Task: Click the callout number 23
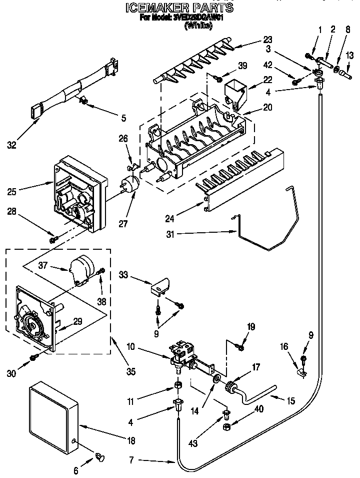268,41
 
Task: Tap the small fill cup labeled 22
235,94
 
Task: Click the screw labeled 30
34,357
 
